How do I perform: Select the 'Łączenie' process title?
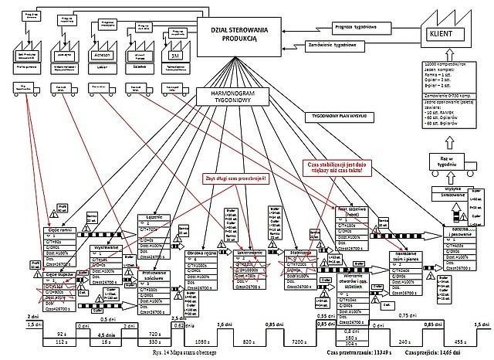click(151, 219)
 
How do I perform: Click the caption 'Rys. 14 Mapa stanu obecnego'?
click(191, 352)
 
